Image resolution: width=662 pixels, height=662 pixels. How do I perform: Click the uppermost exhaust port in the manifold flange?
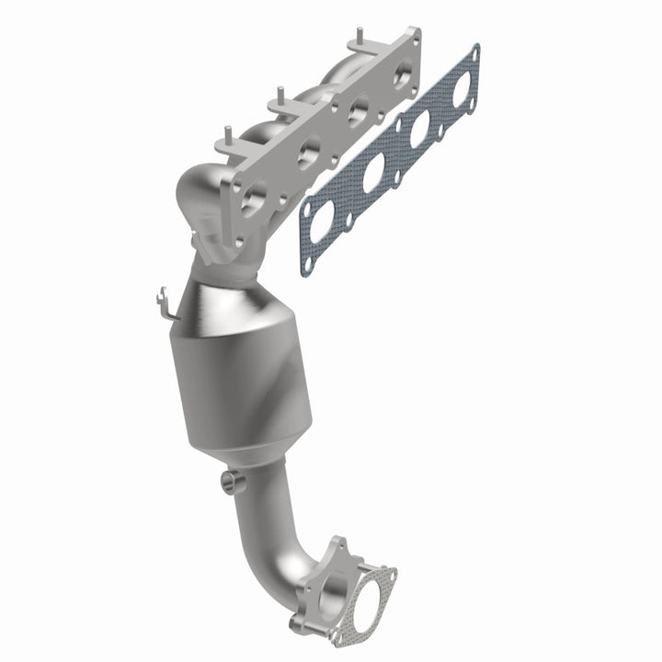pos(403,77)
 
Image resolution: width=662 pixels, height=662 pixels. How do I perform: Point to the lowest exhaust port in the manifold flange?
pos(254,196)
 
